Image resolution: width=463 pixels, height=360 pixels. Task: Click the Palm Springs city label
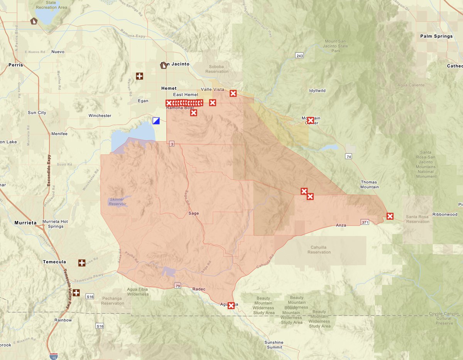[x=436, y=36]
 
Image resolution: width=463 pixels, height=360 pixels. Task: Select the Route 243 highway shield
[x=299, y=56]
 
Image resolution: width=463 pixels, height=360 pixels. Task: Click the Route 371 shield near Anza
[x=365, y=222]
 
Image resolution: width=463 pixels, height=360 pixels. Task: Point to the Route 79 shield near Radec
[x=177, y=286]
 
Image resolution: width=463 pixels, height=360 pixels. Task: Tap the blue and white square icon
[x=156, y=121]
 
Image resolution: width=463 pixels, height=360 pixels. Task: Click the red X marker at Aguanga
[x=231, y=306]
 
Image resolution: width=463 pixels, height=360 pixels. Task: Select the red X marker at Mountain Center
[x=310, y=120]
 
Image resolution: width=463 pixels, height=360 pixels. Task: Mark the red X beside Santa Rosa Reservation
[x=390, y=216]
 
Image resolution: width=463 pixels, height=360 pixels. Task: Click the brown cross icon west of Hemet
[x=139, y=76]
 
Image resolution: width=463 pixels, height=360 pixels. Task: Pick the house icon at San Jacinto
[x=164, y=65]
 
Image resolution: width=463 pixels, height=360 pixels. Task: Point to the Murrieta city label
[x=25, y=223]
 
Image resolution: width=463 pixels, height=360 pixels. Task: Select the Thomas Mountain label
[x=369, y=184]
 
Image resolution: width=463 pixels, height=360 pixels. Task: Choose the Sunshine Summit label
[x=274, y=345]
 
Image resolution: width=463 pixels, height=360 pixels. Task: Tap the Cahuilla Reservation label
[x=319, y=250]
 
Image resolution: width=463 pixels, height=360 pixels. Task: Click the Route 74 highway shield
[x=348, y=156]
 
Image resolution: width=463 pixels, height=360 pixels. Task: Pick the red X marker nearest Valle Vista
[x=233, y=93]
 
